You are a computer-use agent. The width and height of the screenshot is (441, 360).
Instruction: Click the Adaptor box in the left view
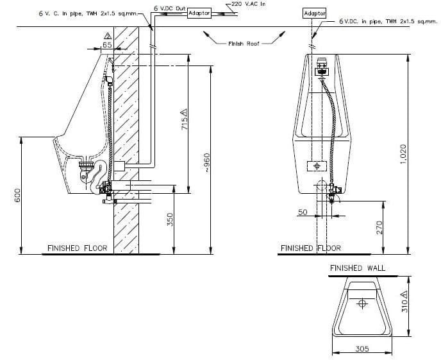pyautogui.click(x=199, y=13)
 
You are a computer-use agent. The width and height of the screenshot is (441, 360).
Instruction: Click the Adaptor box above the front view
pyautogui.click(x=314, y=13)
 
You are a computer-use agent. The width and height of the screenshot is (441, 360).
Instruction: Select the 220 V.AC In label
pyautogui.click(x=248, y=4)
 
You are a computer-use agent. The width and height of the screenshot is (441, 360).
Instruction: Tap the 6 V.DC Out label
pyautogui.click(x=170, y=8)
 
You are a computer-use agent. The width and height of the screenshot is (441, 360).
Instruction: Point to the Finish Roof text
pyautogui.click(x=244, y=44)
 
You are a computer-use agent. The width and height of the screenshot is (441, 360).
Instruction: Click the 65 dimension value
pyautogui.click(x=107, y=45)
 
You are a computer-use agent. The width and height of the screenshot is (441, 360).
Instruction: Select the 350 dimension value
pyautogui.click(x=170, y=219)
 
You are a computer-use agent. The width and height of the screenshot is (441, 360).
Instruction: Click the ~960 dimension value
pyautogui.click(x=206, y=163)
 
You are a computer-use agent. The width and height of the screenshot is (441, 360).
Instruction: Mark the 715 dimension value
pyautogui.click(x=185, y=119)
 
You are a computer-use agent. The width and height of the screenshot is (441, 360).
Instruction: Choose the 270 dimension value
pyautogui.click(x=379, y=227)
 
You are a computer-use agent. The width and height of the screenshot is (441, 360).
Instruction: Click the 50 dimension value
pyautogui.click(x=303, y=212)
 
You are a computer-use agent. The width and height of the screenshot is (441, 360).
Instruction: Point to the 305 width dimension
pyautogui.click(x=362, y=349)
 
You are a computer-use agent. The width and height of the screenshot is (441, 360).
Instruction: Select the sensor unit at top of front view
pyautogui.click(x=322, y=68)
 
